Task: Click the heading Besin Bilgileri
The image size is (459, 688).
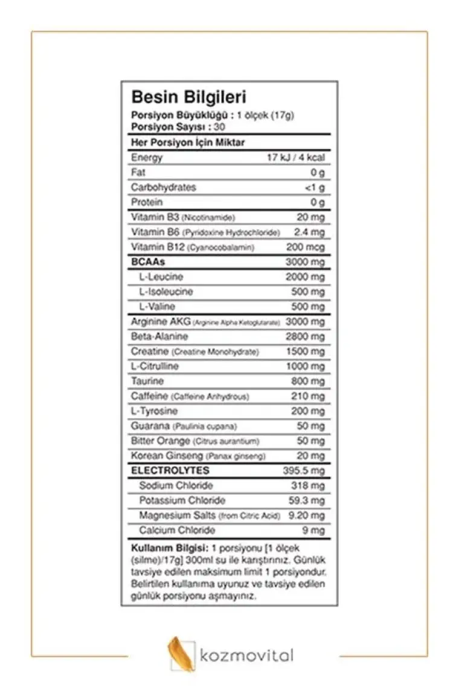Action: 188,97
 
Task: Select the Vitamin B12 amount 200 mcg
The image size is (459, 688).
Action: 305,247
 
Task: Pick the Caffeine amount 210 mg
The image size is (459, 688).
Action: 309,397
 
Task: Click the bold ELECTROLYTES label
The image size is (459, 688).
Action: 170,471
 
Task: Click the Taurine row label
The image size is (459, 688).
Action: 147,381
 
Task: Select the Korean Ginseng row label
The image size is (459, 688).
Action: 167,456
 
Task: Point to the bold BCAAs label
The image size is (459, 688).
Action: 148,262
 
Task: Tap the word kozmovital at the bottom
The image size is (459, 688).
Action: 246,655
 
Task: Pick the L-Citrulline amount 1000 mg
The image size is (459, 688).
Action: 305,366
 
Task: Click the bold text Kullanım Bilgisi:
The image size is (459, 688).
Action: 167,549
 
